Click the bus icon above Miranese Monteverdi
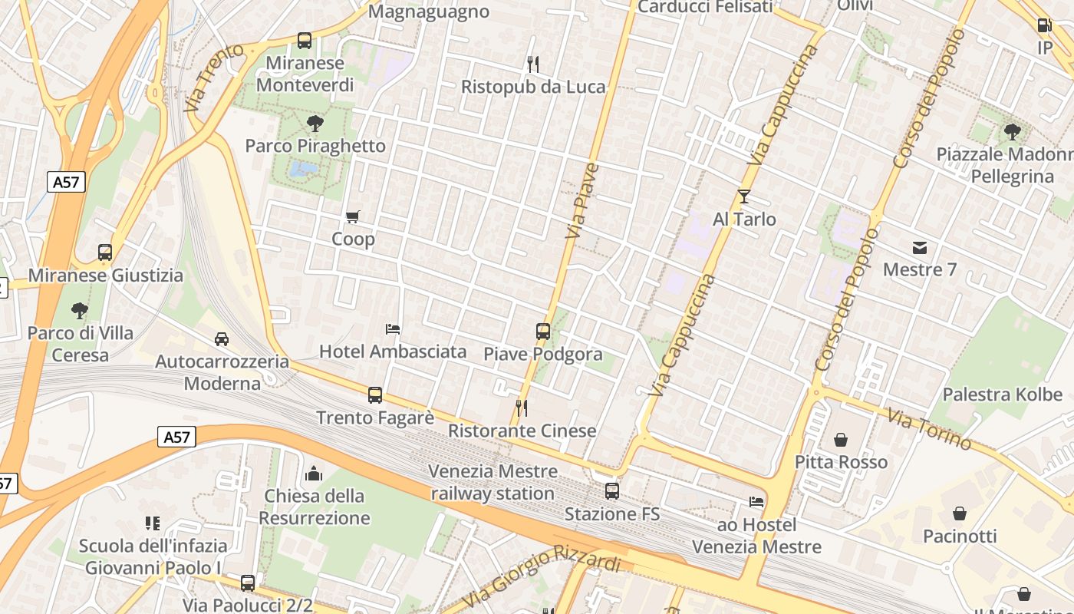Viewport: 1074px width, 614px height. pos(305,41)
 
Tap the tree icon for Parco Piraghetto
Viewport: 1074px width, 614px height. pos(315,123)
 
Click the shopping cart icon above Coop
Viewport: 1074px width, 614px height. pos(353,216)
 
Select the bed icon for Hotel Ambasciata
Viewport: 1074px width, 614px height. pos(393,329)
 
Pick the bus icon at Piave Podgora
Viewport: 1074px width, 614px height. pos(543,332)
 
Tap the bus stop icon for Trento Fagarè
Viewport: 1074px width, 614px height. pos(375,395)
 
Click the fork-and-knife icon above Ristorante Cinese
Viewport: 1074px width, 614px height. pos(522,408)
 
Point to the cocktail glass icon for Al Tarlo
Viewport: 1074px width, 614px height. pos(743,196)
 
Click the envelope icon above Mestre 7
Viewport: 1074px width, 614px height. pos(920,247)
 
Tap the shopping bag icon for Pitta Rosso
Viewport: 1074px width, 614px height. pos(841,440)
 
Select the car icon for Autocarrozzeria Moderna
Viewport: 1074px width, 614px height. pos(222,338)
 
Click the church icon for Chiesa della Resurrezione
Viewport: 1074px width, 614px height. pos(314,474)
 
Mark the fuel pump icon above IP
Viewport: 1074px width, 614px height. pos(1044,25)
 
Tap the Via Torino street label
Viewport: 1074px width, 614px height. pos(929,429)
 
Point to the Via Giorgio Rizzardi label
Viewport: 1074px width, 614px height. pos(542,576)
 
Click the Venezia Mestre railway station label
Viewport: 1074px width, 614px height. pos(493,482)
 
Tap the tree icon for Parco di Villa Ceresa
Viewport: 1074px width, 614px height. pos(79,311)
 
